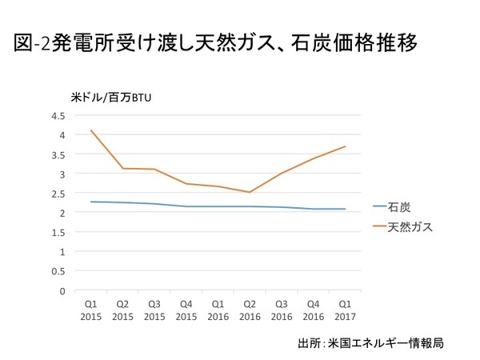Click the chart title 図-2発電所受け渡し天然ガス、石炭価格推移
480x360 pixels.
tap(215, 42)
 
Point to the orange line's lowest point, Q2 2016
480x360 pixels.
tap(250, 192)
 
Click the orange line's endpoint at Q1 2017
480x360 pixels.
tap(345, 146)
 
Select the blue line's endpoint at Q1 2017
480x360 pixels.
tap(345, 209)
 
